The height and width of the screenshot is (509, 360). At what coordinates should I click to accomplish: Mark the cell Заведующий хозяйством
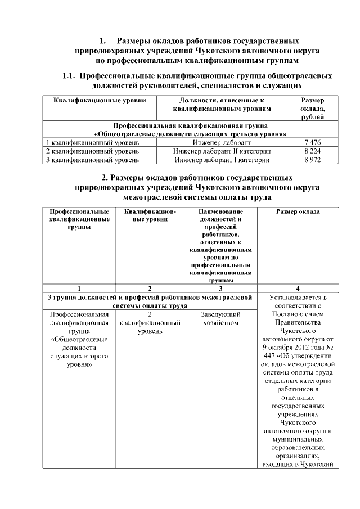pyautogui.click(x=221, y=318)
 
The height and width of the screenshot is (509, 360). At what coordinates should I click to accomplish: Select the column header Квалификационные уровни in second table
pyautogui.click(x=150, y=216)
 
